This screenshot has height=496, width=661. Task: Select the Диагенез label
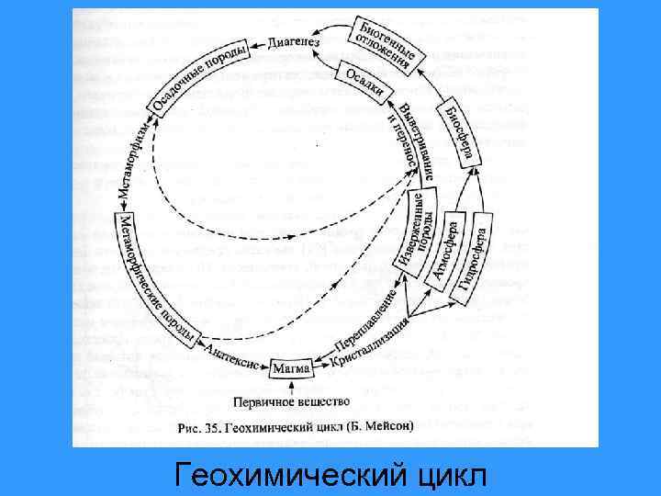coord(295,42)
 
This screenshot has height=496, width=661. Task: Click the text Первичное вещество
coord(293,401)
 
